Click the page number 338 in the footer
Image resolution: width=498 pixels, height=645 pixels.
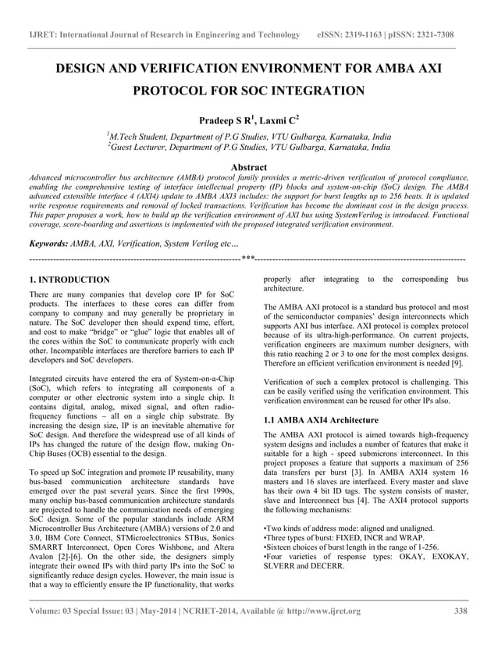[460, 611]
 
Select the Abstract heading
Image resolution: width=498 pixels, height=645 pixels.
[248, 167]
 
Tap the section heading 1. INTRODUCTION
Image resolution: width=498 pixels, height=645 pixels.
[69, 279]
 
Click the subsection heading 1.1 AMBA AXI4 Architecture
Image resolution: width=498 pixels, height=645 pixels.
[321, 419]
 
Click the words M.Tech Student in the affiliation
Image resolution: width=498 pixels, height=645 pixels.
[142, 135]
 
